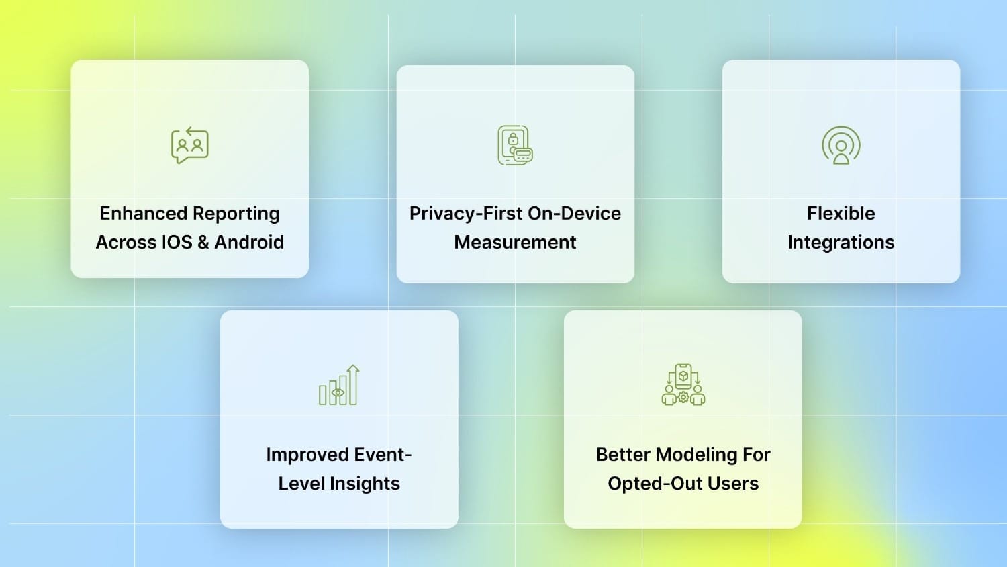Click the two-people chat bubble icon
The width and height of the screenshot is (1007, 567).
(x=190, y=145)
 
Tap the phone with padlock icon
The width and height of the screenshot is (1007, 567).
(x=515, y=145)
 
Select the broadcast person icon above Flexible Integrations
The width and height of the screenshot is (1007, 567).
(x=841, y=145)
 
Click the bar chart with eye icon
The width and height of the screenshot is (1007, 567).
(x=339, y=386)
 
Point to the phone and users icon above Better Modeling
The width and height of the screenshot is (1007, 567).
(x=683, y=385)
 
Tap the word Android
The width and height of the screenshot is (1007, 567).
(x=249, y=242)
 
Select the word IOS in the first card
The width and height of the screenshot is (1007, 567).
(x=177, y=242)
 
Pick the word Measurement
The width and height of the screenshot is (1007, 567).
(x=515, y=242)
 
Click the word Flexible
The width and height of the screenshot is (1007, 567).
(x=841, y=214)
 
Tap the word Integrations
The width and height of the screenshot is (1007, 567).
(x=841, y=242)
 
